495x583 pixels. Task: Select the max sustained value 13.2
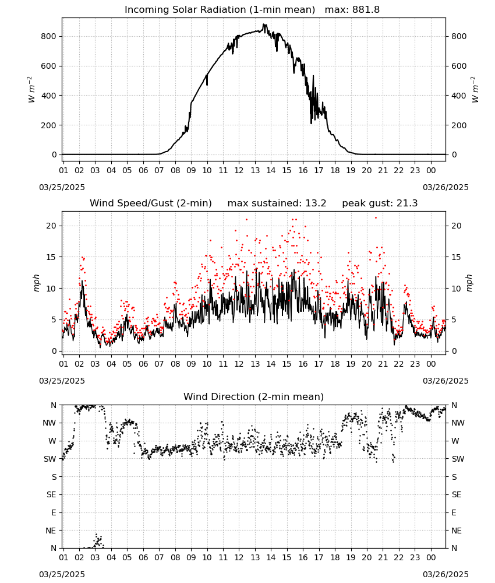pos(316,203)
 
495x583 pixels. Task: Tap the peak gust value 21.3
pos(407,203)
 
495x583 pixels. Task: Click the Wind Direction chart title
pos(254,396)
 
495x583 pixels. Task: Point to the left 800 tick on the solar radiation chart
pos(49,36)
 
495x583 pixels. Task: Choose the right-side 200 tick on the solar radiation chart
pos(459,125)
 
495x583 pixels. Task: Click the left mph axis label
pos(36,283)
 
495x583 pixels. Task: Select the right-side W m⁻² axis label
pos(475,90)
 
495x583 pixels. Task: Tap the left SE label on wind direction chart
pos(51,495)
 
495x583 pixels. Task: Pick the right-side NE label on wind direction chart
pos(457,531)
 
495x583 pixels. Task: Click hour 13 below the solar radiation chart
pos(255,171)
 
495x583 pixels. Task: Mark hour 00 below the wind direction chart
pos(431,557)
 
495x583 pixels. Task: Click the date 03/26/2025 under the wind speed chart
pos(446,381)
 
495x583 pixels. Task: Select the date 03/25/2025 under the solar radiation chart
pos(62,187)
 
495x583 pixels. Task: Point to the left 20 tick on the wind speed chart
pos(52,226)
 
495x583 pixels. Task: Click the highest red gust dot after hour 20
pos(376,217)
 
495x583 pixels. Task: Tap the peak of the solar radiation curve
pos(263,24)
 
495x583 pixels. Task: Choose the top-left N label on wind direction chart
pos(54,405)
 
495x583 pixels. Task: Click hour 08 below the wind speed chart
pos(175,364)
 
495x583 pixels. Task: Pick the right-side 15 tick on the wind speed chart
pos(457,257)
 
